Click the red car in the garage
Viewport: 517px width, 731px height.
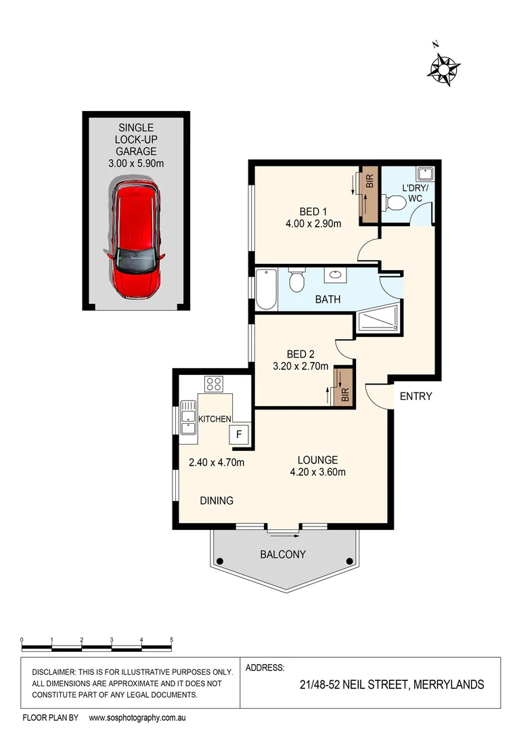pos(137,240)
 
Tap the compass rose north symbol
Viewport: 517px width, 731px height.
pos(445,68)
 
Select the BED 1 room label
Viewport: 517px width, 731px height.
pos(313,211)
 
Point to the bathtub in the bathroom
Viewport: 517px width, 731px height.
pos(266,290)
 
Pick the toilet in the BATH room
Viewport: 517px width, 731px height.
pos(296,279)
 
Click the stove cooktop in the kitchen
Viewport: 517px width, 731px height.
pos(215,384)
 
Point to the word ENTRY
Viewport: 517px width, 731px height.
pos(415,397)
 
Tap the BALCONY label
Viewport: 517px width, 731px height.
pos(283,554)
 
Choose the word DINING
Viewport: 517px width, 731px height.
pos(217,501)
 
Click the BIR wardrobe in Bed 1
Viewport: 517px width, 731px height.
pos(369,196)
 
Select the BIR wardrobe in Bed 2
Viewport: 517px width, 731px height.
pos(344,388)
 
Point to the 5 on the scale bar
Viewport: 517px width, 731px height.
pos(171,640)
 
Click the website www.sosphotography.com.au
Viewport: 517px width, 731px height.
pos(137,717)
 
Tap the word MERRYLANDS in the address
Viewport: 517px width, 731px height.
pos(448,684)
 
